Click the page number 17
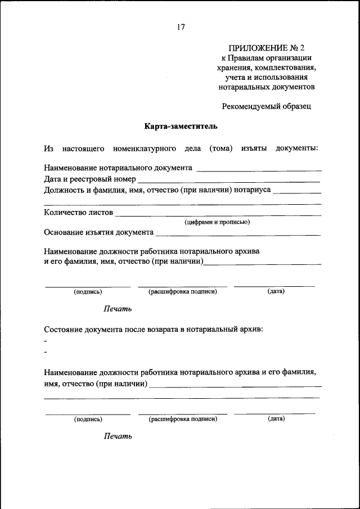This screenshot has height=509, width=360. tap(181, 27)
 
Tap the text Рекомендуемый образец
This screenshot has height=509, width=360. tap(266, 105)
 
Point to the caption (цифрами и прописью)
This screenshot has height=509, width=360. tap(217, 222)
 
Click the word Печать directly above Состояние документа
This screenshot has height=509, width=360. tap(118, 308)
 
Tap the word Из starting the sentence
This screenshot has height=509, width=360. tap(48, 148)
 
